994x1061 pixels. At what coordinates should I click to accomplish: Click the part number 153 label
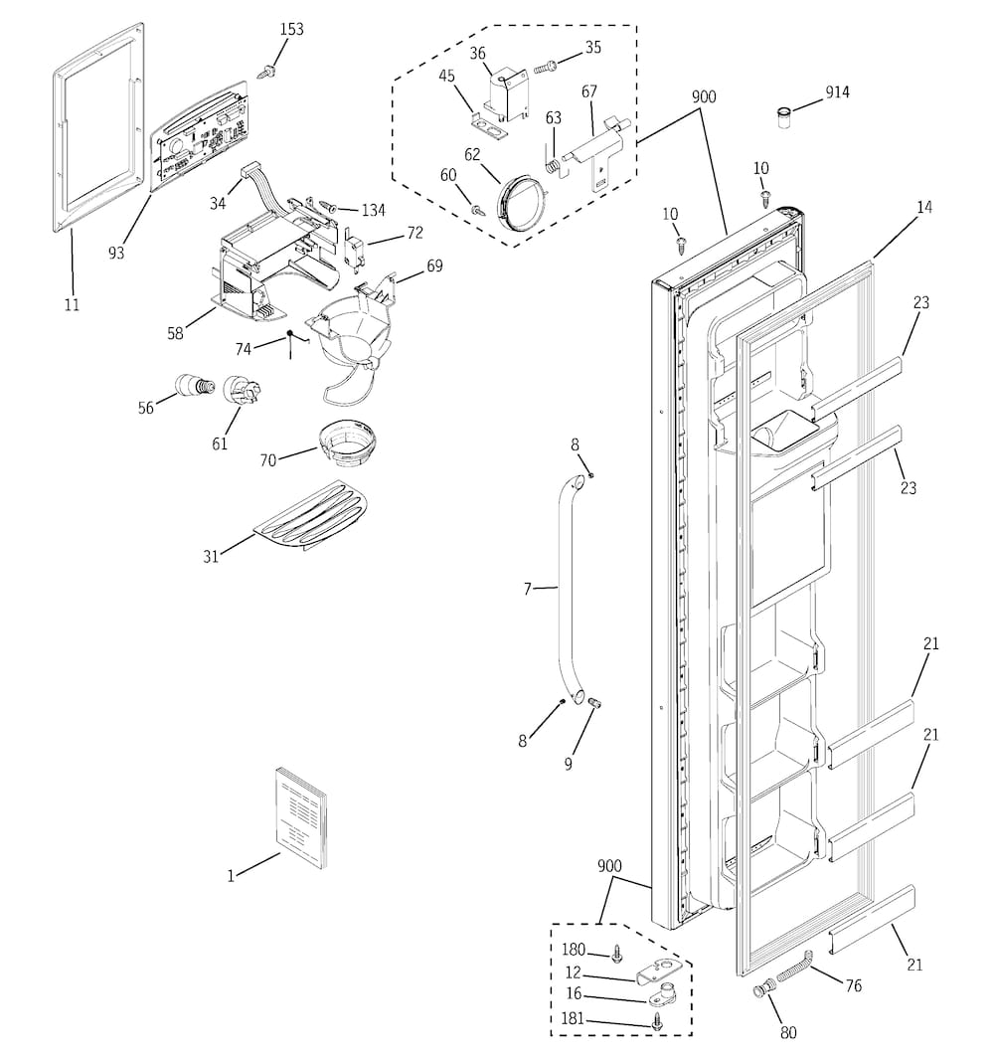click(291, 30)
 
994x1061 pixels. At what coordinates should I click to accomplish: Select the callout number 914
click(837, 93)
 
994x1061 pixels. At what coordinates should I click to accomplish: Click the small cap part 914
click(785, 117)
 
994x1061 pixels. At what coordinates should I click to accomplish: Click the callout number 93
click(116, 253)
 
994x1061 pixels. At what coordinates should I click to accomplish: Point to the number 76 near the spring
click(853, 985)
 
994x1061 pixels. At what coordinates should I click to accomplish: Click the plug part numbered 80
click(764, 990)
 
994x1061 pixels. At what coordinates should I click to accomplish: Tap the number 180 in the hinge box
click(574, 950)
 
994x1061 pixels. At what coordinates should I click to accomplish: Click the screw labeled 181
click(656, 1020)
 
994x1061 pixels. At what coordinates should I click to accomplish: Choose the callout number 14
click(924, 208)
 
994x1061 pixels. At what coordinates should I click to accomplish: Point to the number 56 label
click(146, 408)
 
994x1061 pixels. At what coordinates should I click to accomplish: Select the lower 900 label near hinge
click(609, 866)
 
